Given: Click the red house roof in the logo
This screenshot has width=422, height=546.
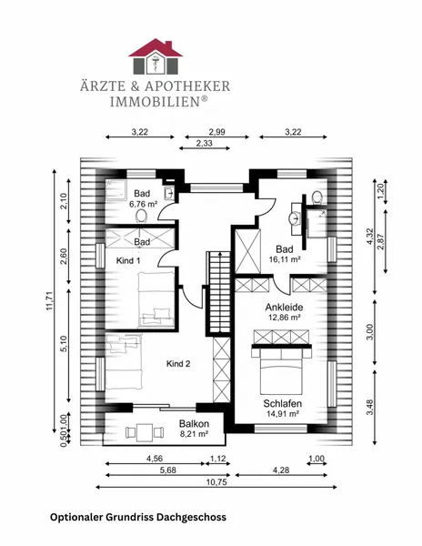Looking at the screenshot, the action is pyautogui.click(x=156, y=48).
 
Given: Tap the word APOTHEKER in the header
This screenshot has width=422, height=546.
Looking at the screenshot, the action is pyautogui.click(x=187, y=86).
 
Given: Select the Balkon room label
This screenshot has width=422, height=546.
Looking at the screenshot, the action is pyautogui.click(x=194, y=424).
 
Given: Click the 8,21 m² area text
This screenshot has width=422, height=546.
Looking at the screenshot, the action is pyautogui.click(x=194, y=434).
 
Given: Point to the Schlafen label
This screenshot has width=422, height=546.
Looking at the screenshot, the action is pyautogui.click(x=283, y=403).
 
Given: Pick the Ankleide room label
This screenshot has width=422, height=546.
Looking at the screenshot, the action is pyautogui.click(x=284, y=308).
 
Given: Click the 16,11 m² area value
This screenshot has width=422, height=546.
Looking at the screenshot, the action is pyautogui.click(x=285, y=259).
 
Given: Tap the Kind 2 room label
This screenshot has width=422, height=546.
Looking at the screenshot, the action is pyautogui.click(x=178, y=364).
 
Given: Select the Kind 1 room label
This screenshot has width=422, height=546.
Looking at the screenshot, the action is pyautogui.click(x=128, y=260).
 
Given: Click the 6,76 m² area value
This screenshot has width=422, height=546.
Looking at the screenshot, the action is pyautogui.click(x=143, y=204).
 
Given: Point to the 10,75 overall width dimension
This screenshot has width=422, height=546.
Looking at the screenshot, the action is pyautogui.click(x=216, y=482).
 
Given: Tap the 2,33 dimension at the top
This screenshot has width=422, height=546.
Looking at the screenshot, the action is pyautogui.click(x=205, y=143).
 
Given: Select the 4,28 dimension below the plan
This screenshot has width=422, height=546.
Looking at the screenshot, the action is pyautogui.click(x=281, y=470).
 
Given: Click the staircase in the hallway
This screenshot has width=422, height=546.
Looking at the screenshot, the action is pyautogui.click(x=219, y=293).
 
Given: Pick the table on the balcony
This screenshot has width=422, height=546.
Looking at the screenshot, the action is pyautogui.click(x=145, y=432).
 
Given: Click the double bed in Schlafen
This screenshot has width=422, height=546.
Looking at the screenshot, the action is pyautogui.click(x=281, y=371).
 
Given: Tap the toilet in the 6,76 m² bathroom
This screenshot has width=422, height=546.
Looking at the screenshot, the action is pyautogui.click(x=141, y=216).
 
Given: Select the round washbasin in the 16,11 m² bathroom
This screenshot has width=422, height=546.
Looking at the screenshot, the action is pyautogui.click(x=295, y=218).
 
